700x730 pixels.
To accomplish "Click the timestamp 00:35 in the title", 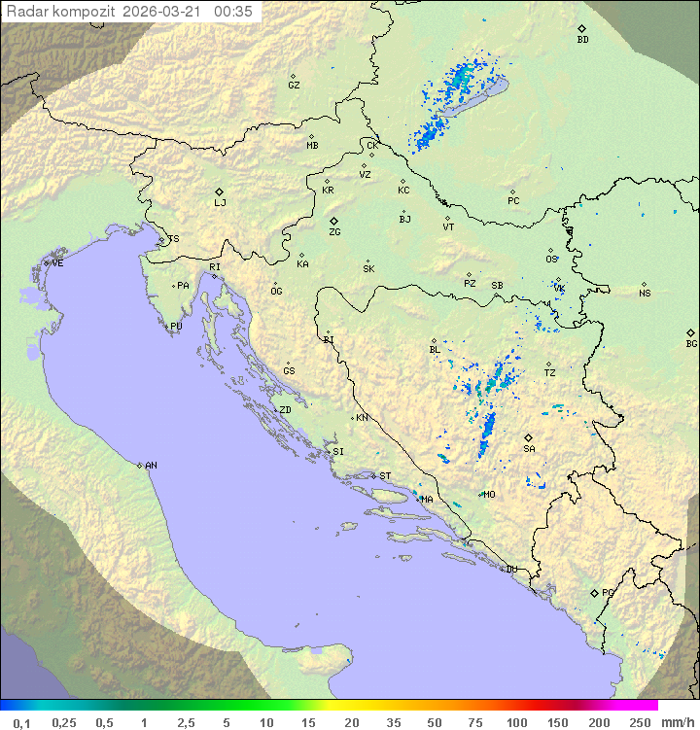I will tap(233, 12).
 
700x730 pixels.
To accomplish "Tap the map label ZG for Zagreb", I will tap(334, 232).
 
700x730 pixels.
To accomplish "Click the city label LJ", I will tap(220, 203).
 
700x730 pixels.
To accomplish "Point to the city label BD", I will tap(582, 40).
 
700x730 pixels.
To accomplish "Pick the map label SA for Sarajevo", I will tap(529, 449).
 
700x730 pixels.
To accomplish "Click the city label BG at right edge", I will tap(691, 343).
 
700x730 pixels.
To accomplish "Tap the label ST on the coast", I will tap(385, 476).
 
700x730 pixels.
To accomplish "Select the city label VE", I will tap(57, 263).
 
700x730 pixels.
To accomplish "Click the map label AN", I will tap(151, 466).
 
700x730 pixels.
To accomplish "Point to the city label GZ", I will tap(294, 86).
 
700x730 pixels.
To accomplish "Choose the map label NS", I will tap(645, 294).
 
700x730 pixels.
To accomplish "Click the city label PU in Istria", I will tap(176, 327).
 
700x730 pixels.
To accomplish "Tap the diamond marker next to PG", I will tap(594, 592).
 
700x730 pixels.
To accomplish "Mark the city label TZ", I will tap(550, 373).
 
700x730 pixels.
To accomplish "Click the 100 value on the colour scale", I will tap(516, 722).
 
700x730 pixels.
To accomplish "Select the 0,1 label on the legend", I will tap(22, 722).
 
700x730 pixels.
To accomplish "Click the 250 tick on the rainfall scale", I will tap(639, 722).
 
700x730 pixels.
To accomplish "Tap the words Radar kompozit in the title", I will tap(62, 12).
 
